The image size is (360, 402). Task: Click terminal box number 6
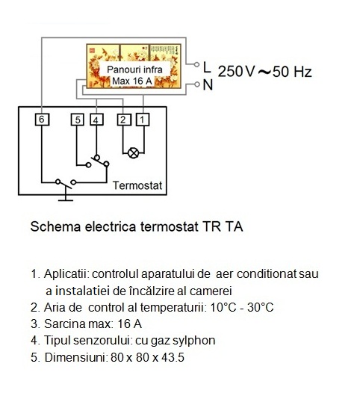click(42, 120)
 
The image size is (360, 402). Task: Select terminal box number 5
click(78, 120)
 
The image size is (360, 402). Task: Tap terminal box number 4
click(96, 120)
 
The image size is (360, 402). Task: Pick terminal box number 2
click(123, 120)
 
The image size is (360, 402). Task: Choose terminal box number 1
click(143, 120)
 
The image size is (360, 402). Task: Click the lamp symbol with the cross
click(133, 153)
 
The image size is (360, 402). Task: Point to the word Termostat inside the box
click(137, 185)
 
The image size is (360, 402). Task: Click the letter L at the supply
click(207, 67)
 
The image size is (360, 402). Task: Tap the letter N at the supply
click(208, 85)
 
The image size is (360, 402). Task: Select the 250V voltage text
click(236, 71)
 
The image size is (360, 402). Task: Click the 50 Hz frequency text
click(292, 72)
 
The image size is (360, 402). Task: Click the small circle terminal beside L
click(196, 64)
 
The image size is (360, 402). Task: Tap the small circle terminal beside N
click(196, 84)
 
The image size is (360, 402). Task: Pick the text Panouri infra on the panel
click(134, 69)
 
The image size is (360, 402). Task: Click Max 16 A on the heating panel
click(132, 81)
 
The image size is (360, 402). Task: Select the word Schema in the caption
click(55, 226)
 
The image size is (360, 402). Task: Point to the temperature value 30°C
click(261, 307)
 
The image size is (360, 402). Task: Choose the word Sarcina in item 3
click(65, 324)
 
